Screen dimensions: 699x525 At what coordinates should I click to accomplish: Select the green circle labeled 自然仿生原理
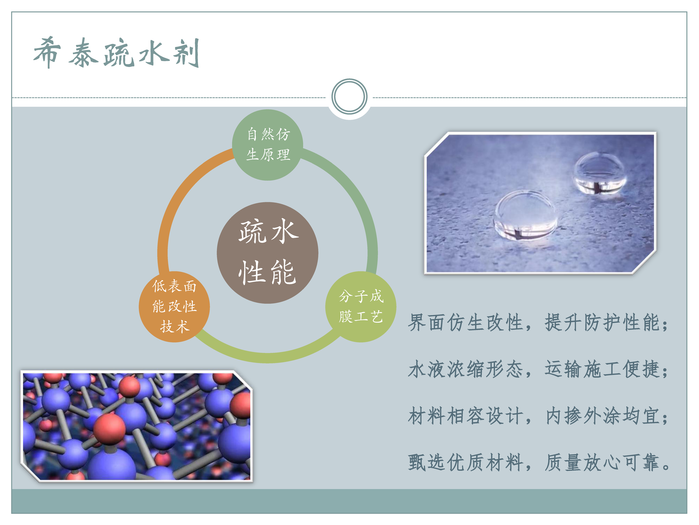pos(268,145)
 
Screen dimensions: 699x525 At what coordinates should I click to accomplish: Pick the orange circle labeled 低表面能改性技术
pos(174,307)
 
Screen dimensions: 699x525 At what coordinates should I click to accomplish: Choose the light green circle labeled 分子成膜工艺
pos(361,307)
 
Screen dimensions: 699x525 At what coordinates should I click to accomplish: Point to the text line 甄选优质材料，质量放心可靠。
pos(538,462)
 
